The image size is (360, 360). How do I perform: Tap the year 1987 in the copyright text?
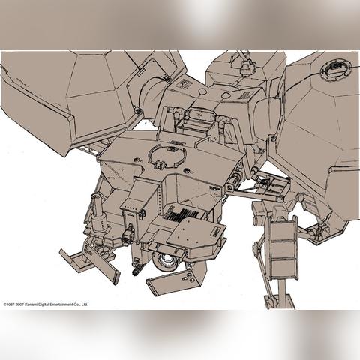pyautogui.click(x=10, y=304)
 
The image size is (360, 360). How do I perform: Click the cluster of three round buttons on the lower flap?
pyautogui.click(x=188, y=277)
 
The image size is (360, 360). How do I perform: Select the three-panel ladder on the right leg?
pyautogui.click(x=283, y=248)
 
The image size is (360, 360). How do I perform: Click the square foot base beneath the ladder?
pyautogui.click(x=280, y=301)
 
